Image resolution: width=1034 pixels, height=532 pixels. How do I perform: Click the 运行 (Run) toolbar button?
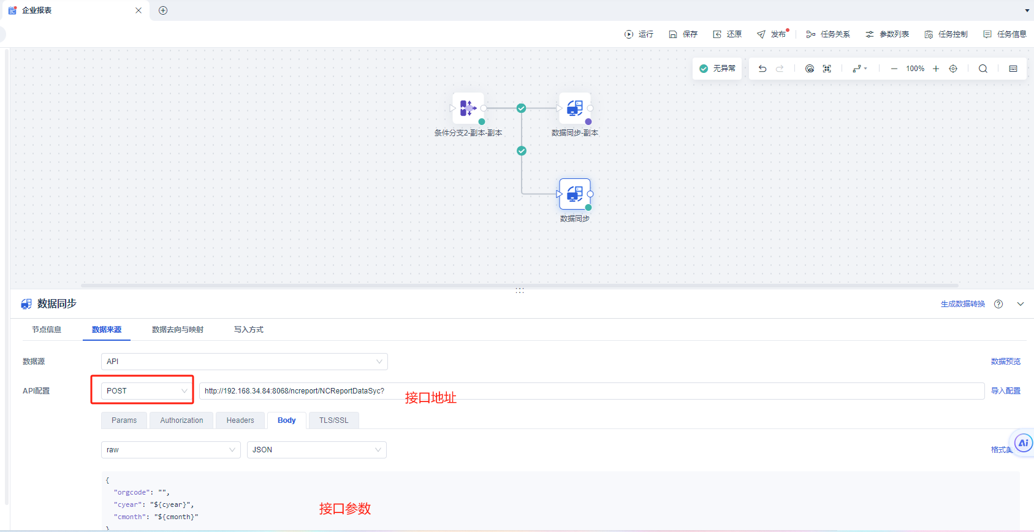point(639,34)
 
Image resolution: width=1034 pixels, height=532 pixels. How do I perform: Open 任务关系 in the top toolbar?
point(828,34)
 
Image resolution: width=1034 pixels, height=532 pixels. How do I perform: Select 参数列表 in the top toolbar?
point(887,34)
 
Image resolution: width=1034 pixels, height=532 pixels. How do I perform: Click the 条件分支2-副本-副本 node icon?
point(468,108)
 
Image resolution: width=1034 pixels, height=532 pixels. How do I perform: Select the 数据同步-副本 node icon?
point(575,108)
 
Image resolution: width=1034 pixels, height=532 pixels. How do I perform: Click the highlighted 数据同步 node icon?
point(575,194)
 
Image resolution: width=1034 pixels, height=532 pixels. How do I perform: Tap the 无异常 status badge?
point(717,69)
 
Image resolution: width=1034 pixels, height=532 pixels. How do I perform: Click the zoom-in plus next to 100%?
point(936,69)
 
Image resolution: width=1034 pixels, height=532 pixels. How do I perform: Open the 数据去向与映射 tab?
point(178,330)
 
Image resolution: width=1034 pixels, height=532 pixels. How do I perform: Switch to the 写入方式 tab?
point(249,330)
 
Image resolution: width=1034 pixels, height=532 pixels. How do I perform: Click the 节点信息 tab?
point(47,330)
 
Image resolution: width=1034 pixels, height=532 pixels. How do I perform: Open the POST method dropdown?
point(146,391)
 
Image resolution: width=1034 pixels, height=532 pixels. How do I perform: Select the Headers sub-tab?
point(240,420)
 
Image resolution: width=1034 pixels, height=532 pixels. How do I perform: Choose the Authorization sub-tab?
point(181,420)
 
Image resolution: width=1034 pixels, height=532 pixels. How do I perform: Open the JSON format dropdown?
point(316,450)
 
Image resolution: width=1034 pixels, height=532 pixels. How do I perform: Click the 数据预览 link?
point(1006,362)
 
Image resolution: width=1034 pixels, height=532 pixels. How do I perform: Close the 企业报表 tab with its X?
point(139,10)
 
